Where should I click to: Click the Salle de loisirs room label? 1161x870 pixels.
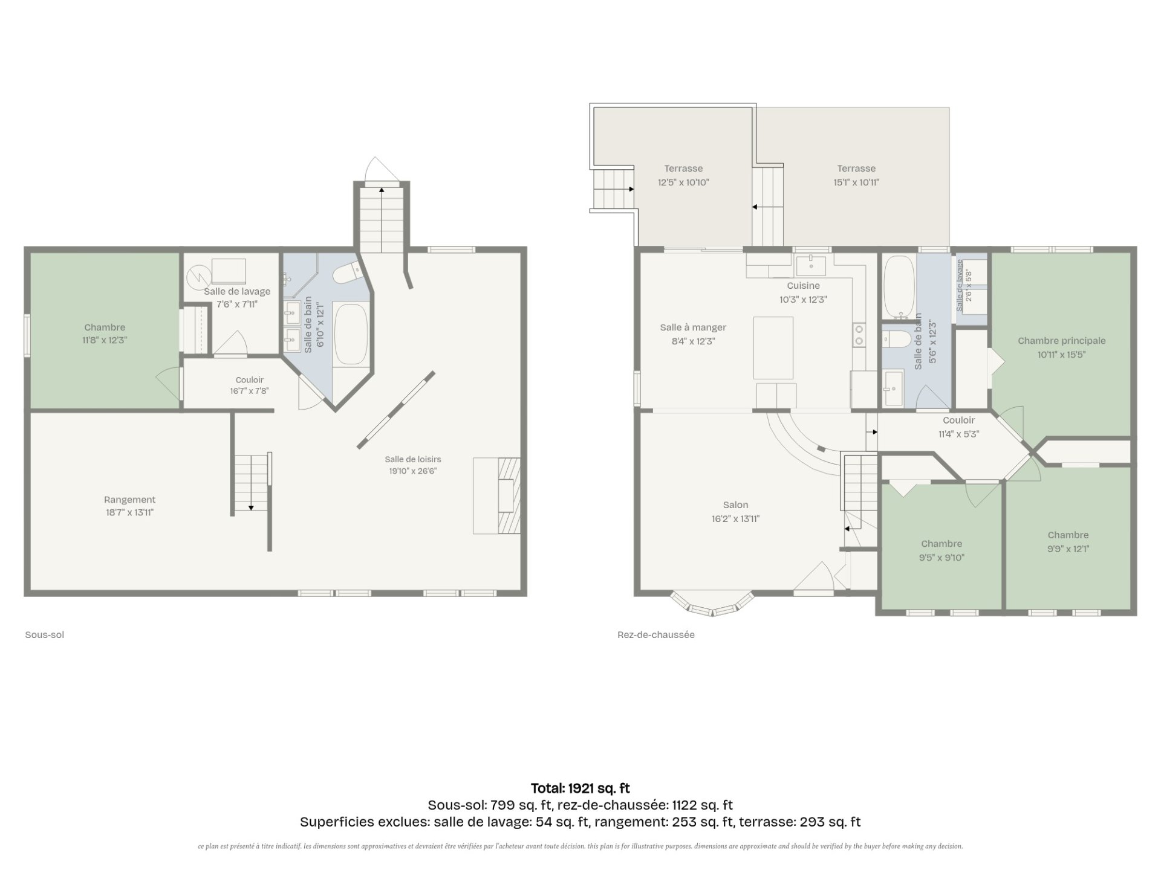(x=413, y=465)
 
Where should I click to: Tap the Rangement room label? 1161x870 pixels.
(x=129, y=506)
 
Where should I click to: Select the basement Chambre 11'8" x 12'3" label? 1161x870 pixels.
(x=105, y=333)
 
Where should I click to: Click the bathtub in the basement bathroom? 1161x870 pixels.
(x=351, y=334)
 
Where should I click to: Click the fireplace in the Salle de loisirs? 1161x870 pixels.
(x=497, y=496)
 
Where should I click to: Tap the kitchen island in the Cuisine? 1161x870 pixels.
(x=773, y=348)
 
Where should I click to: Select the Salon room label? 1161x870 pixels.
(x=735, y=512)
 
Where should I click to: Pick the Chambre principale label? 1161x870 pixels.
(x=1061, y=347)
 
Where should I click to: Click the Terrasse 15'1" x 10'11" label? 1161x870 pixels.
(x=856, y=175)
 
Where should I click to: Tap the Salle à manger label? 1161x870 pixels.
(x=693, y=334)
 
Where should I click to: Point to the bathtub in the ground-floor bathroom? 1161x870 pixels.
(x=899, y=288)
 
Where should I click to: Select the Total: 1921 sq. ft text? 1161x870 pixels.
(x=580, y=788)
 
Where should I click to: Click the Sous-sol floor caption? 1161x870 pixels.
(x=44, y=635)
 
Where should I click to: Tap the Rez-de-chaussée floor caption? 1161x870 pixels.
(x=656, y=635)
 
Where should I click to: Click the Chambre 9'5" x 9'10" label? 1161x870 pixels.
(x=941, y=550)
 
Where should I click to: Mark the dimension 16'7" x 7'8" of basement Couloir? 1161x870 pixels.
(x=249, y=391)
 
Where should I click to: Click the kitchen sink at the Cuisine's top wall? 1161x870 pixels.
(x=811, y=266)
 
